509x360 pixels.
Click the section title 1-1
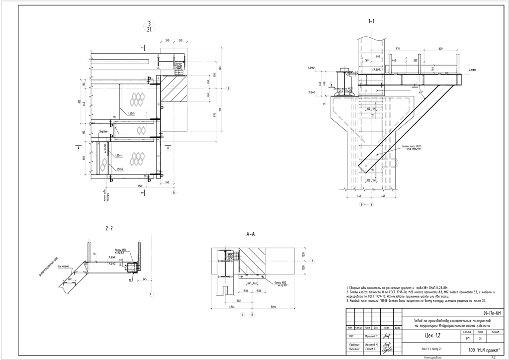click(x=371, y=21)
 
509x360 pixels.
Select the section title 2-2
click(x=109, y=228)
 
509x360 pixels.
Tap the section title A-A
click(x=251, y=233)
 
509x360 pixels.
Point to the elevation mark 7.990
click(x=311, y=68)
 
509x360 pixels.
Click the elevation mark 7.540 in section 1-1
click(x=311, y=92)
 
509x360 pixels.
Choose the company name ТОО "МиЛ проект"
click(x=478, y=350)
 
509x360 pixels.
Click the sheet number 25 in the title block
click(x=480, y=339)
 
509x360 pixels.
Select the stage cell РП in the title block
click(x=467, y=339)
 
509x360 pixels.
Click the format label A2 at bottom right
click(x=493, y=357)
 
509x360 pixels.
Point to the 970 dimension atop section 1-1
click(x=398, y=49)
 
